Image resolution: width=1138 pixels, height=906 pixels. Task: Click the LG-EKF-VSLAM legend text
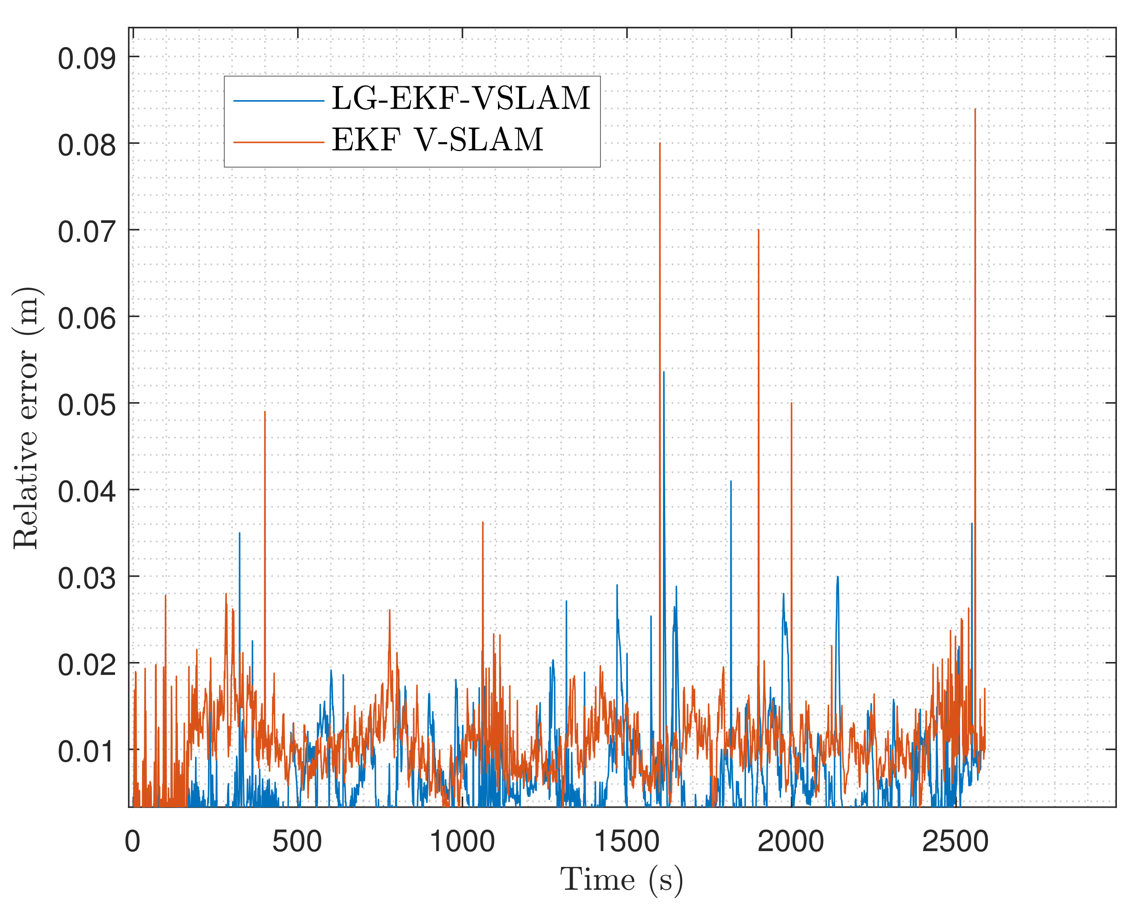coord(460,99)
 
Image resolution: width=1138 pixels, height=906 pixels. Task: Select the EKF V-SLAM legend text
coord(437,140)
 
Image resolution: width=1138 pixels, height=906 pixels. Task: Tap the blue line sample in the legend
coord(278,100)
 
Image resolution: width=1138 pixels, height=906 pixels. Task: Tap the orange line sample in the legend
coord(278,142)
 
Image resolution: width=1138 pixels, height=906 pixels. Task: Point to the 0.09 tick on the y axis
coord(87,58)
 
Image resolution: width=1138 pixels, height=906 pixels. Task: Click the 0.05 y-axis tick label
coord(87,405)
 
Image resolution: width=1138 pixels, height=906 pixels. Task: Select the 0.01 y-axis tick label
coord(87,751)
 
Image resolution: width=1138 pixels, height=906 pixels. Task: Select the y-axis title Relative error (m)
coord(27,418)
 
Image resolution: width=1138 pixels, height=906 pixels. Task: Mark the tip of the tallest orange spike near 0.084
coord(975,109)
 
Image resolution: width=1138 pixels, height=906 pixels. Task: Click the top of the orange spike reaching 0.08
coord(660,143)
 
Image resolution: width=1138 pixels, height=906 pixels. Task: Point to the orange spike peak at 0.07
coord(759,230)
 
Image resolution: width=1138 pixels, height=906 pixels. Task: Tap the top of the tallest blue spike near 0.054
coord(663,372)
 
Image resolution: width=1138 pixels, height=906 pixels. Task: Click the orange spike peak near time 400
coord(265,412)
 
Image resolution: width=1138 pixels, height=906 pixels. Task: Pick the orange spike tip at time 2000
coord(792,404)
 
